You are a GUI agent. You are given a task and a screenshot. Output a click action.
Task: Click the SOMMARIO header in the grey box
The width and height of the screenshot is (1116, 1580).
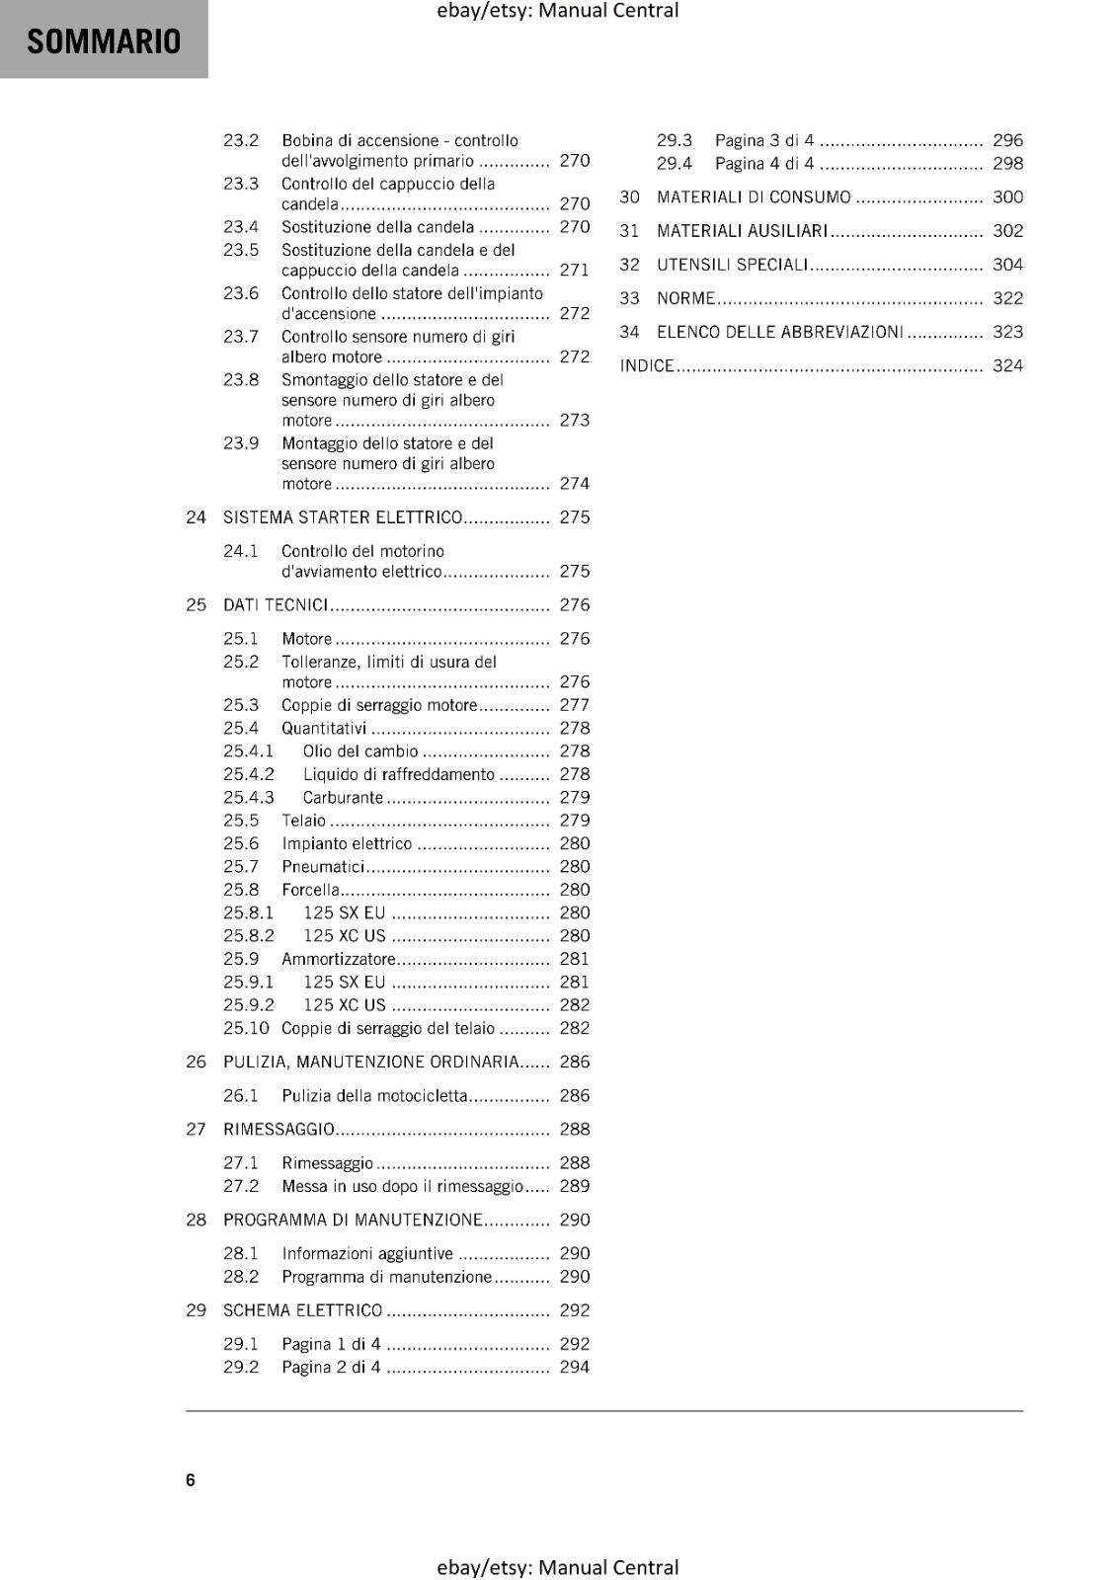coord(104,41)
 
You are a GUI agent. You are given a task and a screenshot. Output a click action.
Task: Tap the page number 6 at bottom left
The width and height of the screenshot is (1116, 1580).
coord(191,1479)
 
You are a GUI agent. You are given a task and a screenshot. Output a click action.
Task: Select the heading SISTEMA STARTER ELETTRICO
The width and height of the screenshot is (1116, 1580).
coord(343,517)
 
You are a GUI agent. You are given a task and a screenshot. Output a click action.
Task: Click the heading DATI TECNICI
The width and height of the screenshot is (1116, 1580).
coord(276,605)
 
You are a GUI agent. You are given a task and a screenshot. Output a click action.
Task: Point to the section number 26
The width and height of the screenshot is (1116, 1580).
coord(196,1063)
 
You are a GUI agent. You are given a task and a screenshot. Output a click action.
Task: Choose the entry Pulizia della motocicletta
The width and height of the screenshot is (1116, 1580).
coord(374,1096)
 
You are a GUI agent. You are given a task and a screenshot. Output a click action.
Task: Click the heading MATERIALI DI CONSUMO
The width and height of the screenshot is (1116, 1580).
coord(754,197)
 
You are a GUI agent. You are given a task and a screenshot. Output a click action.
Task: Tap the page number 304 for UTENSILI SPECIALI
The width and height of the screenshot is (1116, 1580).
coord(1007,265)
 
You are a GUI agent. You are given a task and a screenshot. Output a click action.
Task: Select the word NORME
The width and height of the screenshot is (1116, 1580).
coord(685,298)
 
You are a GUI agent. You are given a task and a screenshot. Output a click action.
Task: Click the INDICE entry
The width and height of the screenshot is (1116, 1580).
coord(647,366)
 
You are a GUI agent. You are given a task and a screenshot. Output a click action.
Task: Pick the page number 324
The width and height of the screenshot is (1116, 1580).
coord(1007,366)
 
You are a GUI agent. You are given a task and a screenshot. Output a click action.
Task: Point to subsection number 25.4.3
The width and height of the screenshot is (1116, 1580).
coord(248,798)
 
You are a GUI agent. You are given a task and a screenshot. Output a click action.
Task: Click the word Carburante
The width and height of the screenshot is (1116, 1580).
coord(343,798)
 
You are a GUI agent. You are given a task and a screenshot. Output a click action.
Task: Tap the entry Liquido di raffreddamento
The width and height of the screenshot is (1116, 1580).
coord(398,775)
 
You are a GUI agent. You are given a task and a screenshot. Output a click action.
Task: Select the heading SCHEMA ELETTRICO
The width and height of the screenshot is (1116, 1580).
coord(302,1311)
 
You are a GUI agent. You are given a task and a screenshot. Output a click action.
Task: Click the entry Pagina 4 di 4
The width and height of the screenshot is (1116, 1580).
coord(764,164)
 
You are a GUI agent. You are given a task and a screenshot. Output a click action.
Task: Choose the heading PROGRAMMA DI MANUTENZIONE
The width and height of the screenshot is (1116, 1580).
coord(353,1221)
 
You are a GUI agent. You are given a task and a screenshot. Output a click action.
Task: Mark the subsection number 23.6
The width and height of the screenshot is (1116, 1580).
coord(241,294)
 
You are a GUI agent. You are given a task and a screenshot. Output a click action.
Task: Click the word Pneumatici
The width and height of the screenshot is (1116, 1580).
coord(323,867)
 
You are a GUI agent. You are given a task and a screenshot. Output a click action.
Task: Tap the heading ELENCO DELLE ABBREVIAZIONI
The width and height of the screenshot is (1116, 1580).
coord(780,333)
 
